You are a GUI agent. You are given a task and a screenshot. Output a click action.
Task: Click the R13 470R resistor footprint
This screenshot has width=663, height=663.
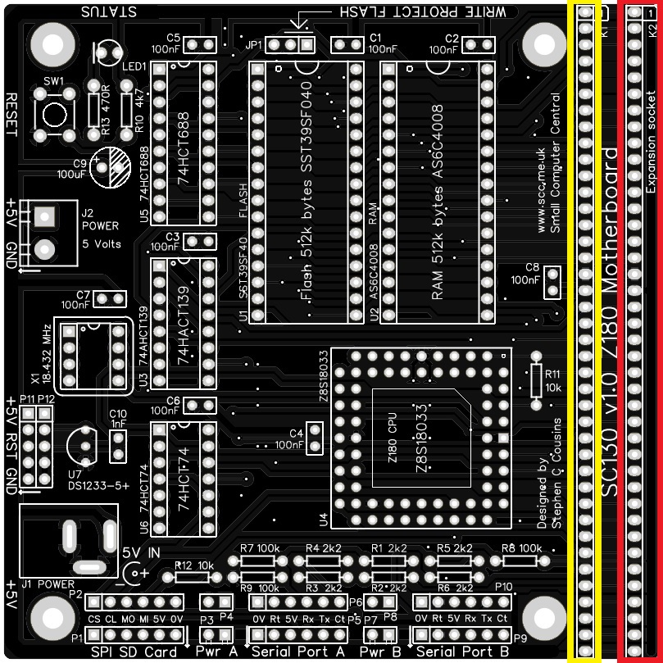point(94,111)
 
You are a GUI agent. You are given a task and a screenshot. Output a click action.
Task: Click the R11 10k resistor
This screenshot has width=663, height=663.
point(537,380)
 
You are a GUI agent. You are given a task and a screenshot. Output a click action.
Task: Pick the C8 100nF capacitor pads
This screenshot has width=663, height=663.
point(553,283)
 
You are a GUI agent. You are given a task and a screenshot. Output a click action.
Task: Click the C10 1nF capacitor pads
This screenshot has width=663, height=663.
point(118,445)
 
